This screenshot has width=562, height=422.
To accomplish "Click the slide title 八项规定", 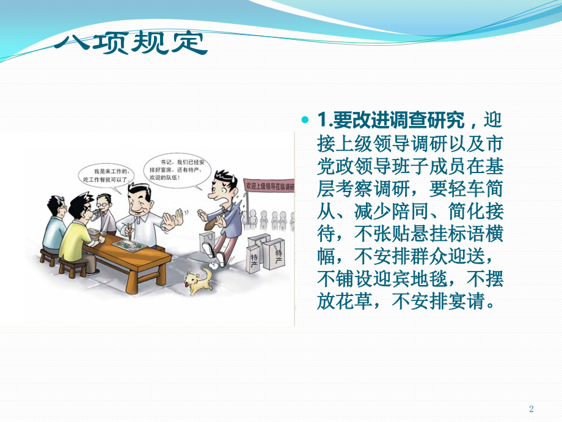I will tap(130, 43).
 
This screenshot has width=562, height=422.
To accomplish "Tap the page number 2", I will tap(531, 409).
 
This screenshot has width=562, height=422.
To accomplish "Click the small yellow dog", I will tap(197, 281).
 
